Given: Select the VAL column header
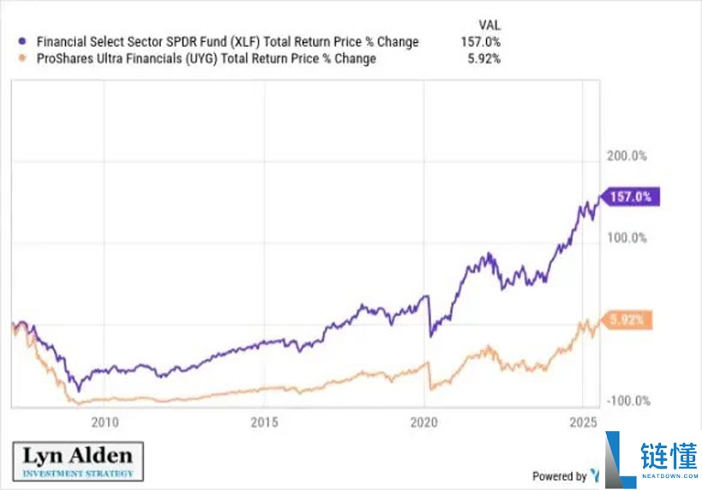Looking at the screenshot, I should pos(487,25).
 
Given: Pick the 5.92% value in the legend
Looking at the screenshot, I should pos(485,59).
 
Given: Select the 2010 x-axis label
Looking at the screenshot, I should pos(104,422).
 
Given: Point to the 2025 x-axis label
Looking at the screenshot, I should pos(583,422).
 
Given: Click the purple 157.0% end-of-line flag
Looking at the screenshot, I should pos(632,197).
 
